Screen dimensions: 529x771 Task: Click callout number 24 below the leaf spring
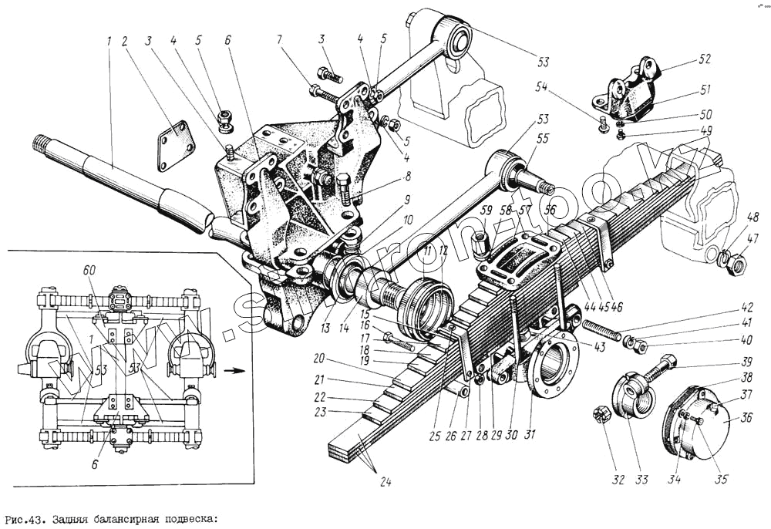[385, 484]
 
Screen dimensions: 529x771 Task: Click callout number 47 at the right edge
[752, 238]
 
